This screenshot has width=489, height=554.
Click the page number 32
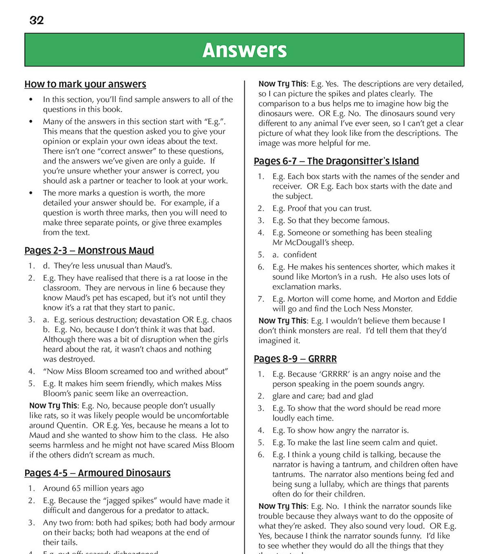coord(37,20)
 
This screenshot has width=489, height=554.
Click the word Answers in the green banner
coord(244,50)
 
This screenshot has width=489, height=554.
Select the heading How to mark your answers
coord(85,84)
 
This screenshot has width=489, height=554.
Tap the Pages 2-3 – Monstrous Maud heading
coord(89,250)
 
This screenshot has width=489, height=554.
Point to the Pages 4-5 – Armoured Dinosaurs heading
coord(97,473)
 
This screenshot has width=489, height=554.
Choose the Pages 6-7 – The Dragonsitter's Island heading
coord(336,161)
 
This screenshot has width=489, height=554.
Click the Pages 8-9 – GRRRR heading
coord(295,359)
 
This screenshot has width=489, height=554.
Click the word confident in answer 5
coord(300,255)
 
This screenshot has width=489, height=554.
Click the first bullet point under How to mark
coord(31,100)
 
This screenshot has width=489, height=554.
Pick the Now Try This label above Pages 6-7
coord(282,84)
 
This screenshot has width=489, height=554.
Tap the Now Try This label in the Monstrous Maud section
coord(53,406)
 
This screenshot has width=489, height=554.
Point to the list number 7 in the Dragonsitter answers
coord(261,299)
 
